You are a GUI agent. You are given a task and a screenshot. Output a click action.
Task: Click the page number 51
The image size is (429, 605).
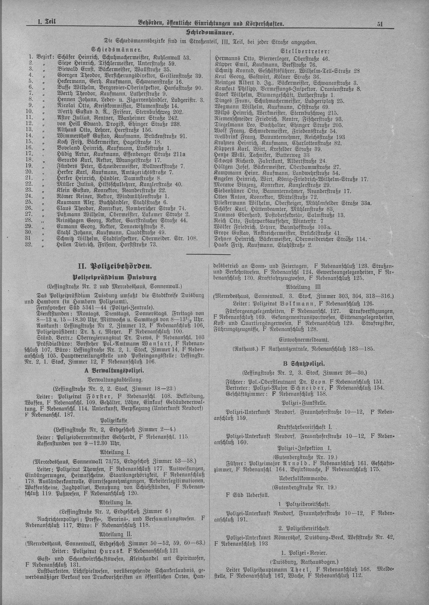pyautogui.click(x=380, y=24)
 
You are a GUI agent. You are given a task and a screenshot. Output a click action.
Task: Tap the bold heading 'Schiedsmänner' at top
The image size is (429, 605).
pyautogui.click(x=210, y=33)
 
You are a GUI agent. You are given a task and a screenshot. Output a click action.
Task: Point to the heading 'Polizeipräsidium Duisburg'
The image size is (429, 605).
pyautogui.click(x=115, y=277)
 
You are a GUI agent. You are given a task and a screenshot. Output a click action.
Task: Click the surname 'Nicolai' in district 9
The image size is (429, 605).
pyautogui.click(x=66, y=105)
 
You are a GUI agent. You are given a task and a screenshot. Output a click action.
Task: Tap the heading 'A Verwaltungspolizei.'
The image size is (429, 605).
pyautogui.click(x=114, y=371)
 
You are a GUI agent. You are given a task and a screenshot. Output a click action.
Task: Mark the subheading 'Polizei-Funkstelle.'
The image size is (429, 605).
pyautogui.click(x=304, y=403)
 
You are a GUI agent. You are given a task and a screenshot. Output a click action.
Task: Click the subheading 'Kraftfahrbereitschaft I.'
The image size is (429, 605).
pyautogui.click(x=304, y=427)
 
